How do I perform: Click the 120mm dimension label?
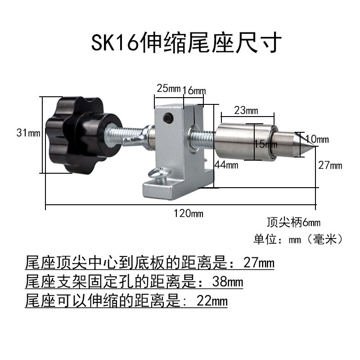(189, 213)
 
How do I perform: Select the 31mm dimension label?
(28, 133)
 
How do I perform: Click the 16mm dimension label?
(194, 90)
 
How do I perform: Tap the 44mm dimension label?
(226, 165)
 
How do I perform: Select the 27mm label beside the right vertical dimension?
(330, 166)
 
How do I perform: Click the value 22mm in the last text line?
(212, 300)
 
